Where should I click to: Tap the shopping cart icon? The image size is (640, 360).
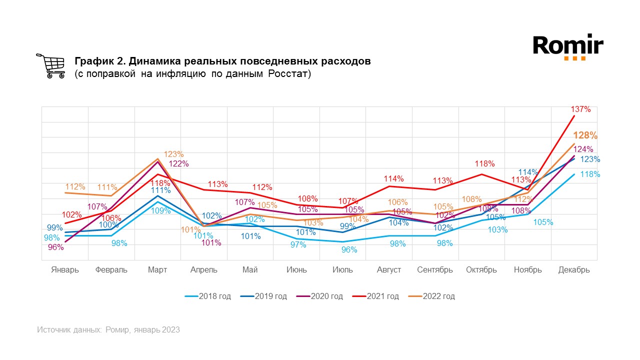50,66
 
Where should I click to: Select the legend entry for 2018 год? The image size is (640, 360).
208,296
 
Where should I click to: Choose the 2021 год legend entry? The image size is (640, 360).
376,296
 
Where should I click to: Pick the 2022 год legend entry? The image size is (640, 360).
432,296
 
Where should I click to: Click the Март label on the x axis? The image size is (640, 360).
157,270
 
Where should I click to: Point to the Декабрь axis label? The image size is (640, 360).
574,270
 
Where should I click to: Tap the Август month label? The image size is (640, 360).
389,270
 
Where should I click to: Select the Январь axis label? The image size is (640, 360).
65,270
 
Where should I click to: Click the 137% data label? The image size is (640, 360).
580,109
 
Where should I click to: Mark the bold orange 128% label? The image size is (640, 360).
585,135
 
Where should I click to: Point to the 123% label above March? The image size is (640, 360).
174,154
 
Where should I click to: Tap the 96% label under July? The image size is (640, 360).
349,250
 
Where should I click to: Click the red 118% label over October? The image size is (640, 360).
485,163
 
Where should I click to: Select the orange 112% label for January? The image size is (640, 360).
75,187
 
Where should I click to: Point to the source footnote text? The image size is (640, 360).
108,330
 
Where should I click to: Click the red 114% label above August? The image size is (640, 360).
393,178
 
